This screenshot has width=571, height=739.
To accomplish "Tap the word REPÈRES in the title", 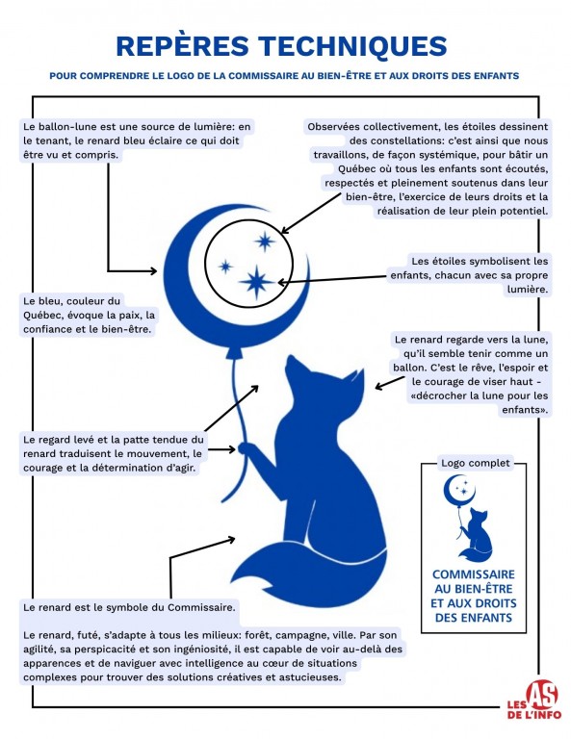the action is click(183, 45).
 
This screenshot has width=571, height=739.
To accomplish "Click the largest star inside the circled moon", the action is click(256, 282).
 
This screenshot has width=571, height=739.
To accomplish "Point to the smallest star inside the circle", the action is click(225, 267).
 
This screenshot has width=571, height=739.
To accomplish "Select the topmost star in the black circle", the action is click(265, 242).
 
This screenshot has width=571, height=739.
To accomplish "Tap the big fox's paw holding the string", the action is click(246, 447).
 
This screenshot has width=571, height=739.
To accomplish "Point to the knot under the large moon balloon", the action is click(234, 353).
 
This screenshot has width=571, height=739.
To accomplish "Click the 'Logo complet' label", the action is click(475, 463).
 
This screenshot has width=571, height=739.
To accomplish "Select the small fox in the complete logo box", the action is click(476, 535).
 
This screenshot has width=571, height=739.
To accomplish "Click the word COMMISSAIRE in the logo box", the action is click(474, 574).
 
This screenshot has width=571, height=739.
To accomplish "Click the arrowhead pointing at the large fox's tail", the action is click(231, 539).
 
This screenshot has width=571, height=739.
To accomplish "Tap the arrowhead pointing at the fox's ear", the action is click(379, 387).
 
